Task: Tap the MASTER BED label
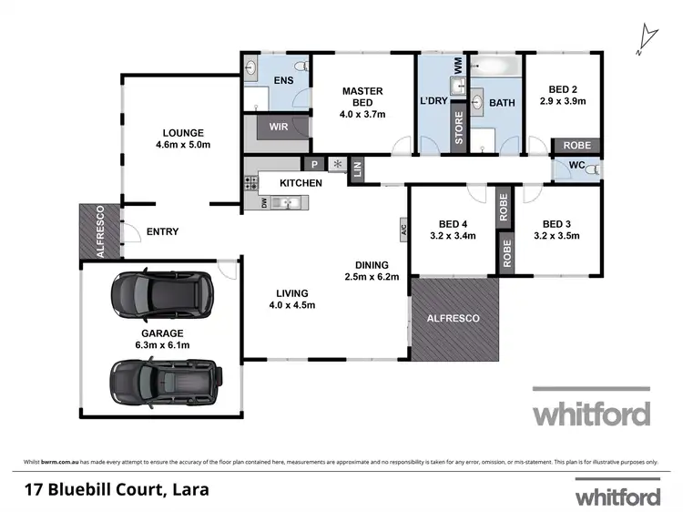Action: (x=362, y=91)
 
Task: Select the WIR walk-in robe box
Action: (x=279, y=128)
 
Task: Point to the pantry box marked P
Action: (x=314, y=165)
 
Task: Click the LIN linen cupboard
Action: (x=357, y=169)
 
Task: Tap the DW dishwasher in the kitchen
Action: (x=265, y=203)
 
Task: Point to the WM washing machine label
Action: (x=458, y=65)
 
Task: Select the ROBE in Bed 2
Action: (x=576, y=146)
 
